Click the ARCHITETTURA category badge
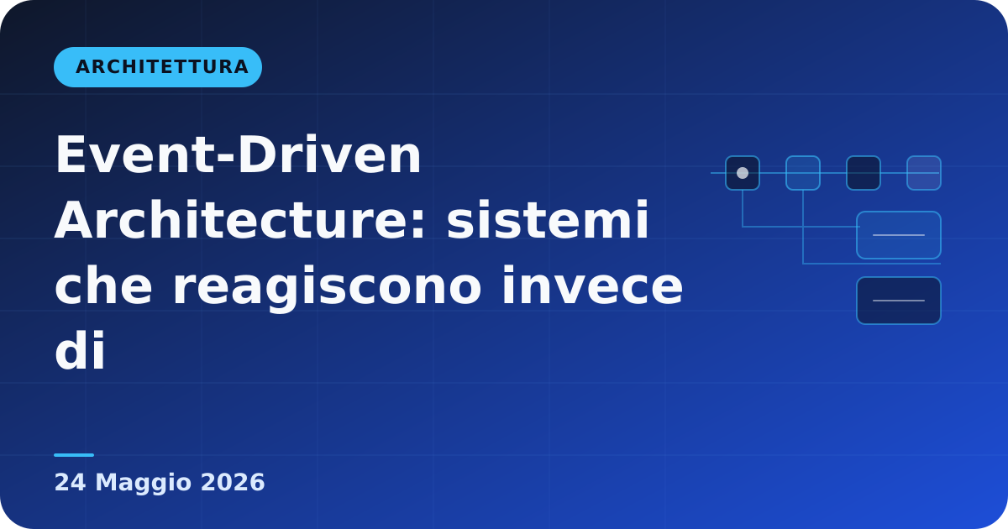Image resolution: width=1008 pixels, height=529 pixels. click(158, 67)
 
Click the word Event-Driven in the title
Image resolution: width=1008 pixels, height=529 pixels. click(239, 155)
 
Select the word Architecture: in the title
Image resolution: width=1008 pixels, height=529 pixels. click(240, 220)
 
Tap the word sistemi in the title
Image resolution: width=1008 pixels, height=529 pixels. click(548, 220)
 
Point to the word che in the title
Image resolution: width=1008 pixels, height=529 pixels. click(103, 285)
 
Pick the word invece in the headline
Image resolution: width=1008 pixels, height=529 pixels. click(593, 285)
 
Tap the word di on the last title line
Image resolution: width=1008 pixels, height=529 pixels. click(80, 350)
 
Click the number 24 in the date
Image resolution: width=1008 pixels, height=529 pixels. click(71, 483)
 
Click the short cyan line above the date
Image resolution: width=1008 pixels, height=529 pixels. click(74, 455)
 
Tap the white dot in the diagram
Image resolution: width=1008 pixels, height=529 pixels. click(743, 173)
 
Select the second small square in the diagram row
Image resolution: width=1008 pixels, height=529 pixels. click(803, 173)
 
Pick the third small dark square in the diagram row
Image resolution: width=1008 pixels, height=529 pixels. click(864, 173)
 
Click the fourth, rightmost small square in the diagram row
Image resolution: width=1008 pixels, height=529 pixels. click(924, 173)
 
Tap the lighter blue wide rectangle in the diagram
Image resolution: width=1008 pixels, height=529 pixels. click(899, 235)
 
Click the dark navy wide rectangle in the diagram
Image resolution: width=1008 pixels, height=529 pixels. click(899, 301)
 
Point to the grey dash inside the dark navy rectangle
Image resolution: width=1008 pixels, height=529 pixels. click(899, 301)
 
